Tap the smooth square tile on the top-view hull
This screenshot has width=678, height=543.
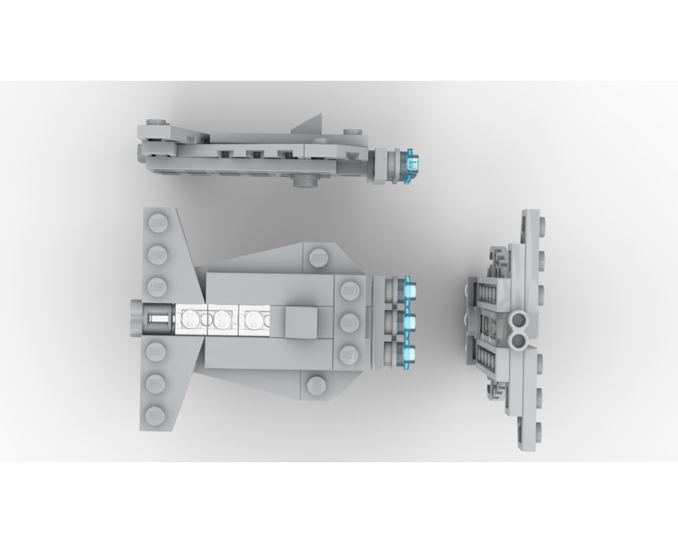pos(300,322)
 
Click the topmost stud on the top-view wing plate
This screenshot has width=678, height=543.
pos(157,223)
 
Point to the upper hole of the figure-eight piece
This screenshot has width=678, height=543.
pos(521,318)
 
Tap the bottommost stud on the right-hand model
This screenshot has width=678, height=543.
pos(540,428)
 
